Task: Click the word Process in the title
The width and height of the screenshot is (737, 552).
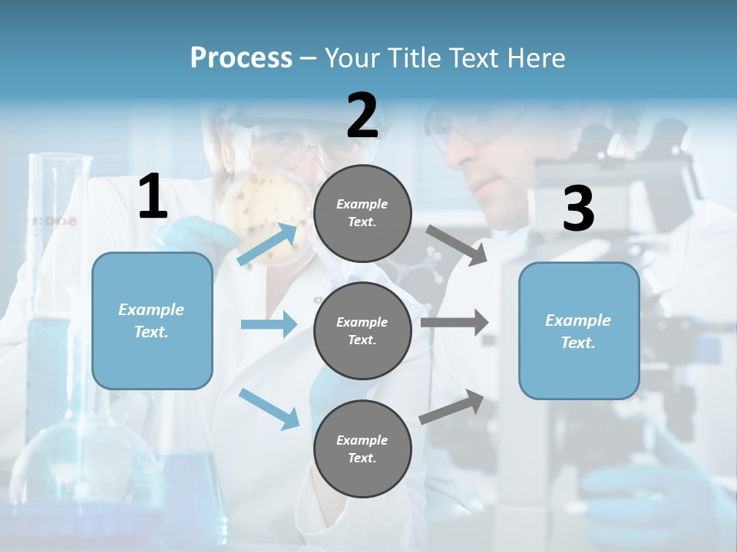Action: pos(241,58)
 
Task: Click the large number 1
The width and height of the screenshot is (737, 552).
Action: pos(153,198)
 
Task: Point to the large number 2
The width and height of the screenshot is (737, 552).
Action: pos(362,116)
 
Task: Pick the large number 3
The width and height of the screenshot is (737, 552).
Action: pos(578,210)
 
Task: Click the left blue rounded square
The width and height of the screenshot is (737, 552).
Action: pos(152,320)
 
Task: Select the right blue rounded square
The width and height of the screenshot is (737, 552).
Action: pos(579,330)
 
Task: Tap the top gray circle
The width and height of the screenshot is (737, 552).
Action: pos(362,213)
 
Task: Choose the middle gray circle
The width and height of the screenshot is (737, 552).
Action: pos(362,330)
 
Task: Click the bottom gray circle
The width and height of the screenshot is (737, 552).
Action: pos(362,449)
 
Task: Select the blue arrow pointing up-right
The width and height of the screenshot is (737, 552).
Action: pos(269,244)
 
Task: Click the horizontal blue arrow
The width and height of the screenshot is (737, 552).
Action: pos(269,324)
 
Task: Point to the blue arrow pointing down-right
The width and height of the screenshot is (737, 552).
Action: pos(269,408)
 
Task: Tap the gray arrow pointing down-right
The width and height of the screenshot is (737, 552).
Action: pos(457,245)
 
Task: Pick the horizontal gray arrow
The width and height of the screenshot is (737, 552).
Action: pos(454,323)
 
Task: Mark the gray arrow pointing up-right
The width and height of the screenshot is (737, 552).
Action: pos(451,406)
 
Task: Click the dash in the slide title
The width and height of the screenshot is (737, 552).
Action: pos(309,58)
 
